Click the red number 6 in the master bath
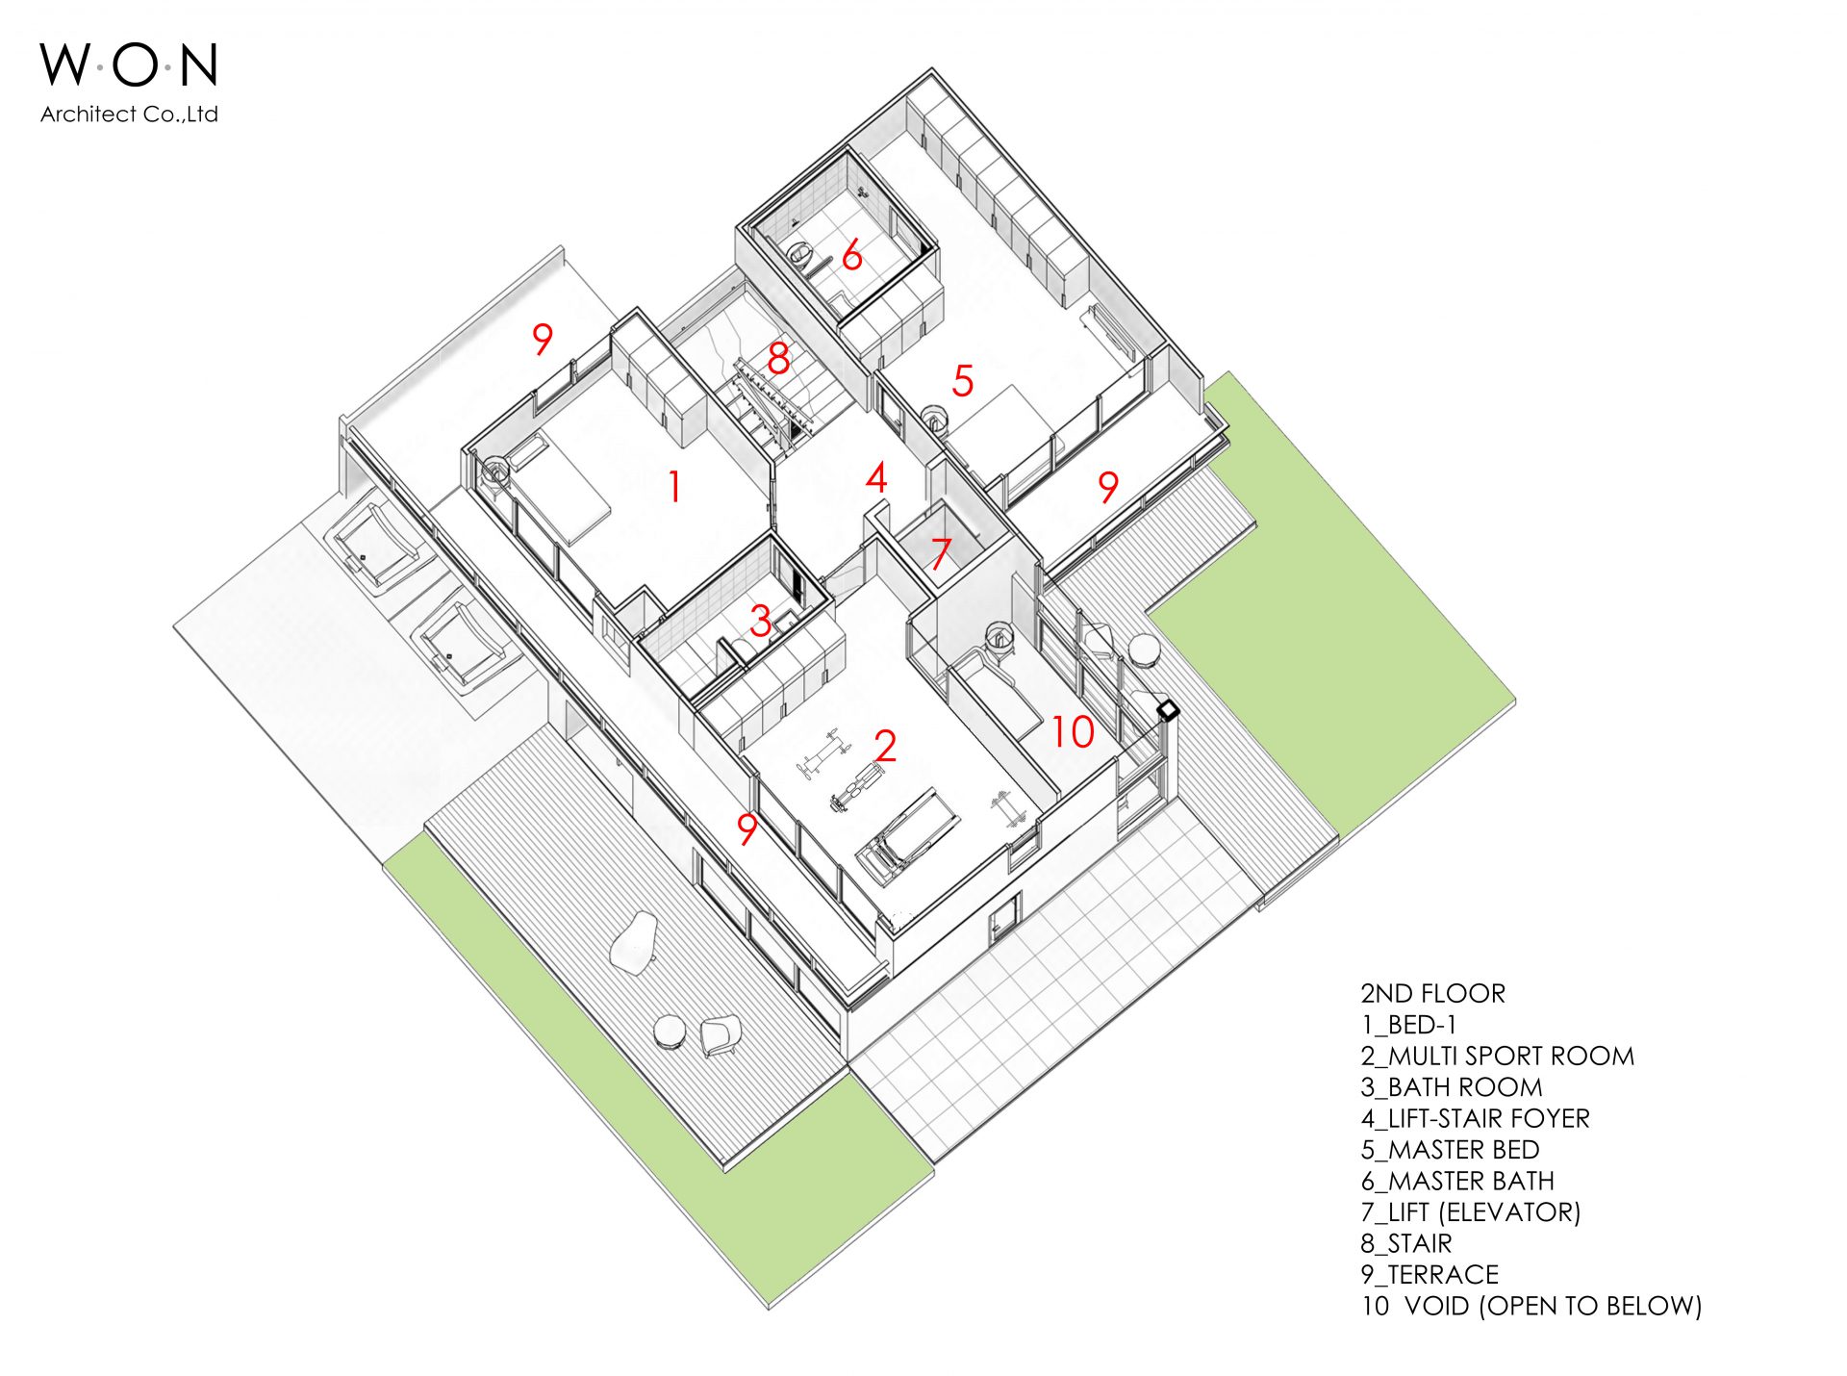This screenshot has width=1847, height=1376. pyautogui.click(x=851, y=256)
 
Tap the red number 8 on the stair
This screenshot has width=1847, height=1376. pyautogui.click(x=778, y=359)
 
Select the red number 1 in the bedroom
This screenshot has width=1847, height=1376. pyautogui.click(x=675, y=486)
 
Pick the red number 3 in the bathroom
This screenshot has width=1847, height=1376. pyautogui.click(x=761, y=621)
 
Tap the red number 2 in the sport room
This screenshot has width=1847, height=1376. pyautogui.click(x=885, y=746)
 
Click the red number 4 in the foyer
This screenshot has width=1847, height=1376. pyautogui.click(x=875, y=478)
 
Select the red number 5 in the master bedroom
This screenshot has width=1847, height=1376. pyautogui.click(x=963, y=381)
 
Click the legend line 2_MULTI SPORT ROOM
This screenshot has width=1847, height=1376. pyautogui.click(x=1497, y=1057)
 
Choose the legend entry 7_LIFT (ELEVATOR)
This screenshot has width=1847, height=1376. pyautogui.click(x=1471, y=1212)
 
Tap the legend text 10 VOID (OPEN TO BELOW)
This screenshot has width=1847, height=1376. pyautogui.click(x=1531, y=1306)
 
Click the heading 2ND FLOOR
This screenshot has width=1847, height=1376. pyautogui.click(x=1432, y=994)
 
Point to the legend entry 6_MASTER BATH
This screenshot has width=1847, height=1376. pyautogui.click(x=1457, y=1181)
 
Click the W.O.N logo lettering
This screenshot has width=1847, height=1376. pyautogui.click(x=129, y=65)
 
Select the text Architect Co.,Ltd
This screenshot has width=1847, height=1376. pyautogui.click(x=129, y=115)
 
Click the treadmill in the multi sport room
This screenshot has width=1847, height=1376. pyautogui.click(x=908, y=835)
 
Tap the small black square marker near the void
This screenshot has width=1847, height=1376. pyautogui.click(x=1168, y=711)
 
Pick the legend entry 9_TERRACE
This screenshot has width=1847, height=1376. pyautogui.click(x=1430, y=1275)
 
